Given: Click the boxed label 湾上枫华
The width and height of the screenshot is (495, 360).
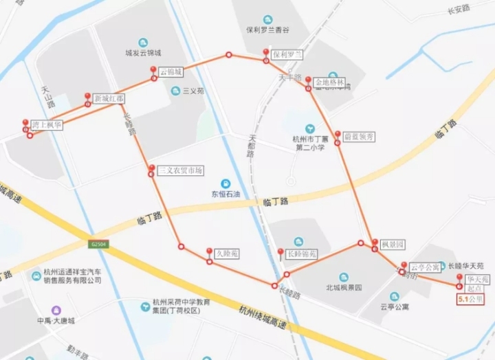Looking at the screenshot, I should [x=47, y=125].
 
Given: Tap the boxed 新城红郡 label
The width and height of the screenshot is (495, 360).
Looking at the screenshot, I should [x=109, y=98].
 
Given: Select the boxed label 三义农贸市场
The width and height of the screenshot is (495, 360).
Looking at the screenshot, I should [x=180, y=170].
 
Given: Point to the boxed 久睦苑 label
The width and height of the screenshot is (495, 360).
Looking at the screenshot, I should [x=226, y=254].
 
